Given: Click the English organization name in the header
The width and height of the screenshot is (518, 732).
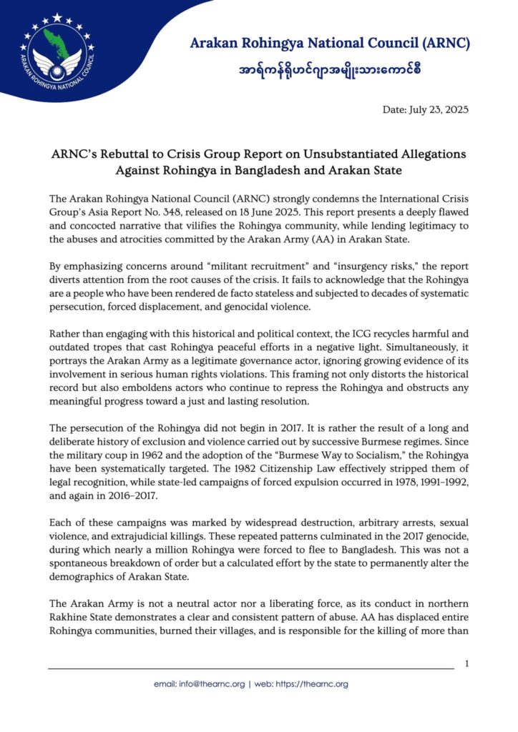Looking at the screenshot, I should (330, 44).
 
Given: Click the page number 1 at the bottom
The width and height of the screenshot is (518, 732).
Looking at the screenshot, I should (466, 664).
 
